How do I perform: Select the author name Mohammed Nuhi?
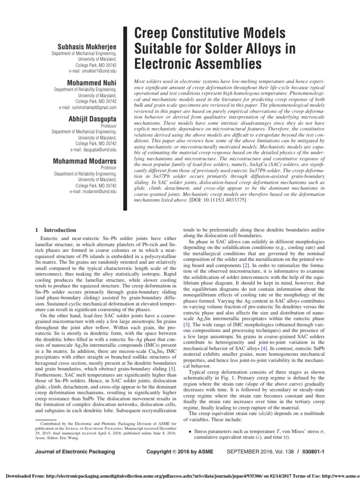point(93,82)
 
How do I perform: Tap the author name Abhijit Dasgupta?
point(91,120)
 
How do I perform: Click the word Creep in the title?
point(150,34)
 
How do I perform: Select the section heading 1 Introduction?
point(56,230)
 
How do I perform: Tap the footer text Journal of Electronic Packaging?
point(75,451)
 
